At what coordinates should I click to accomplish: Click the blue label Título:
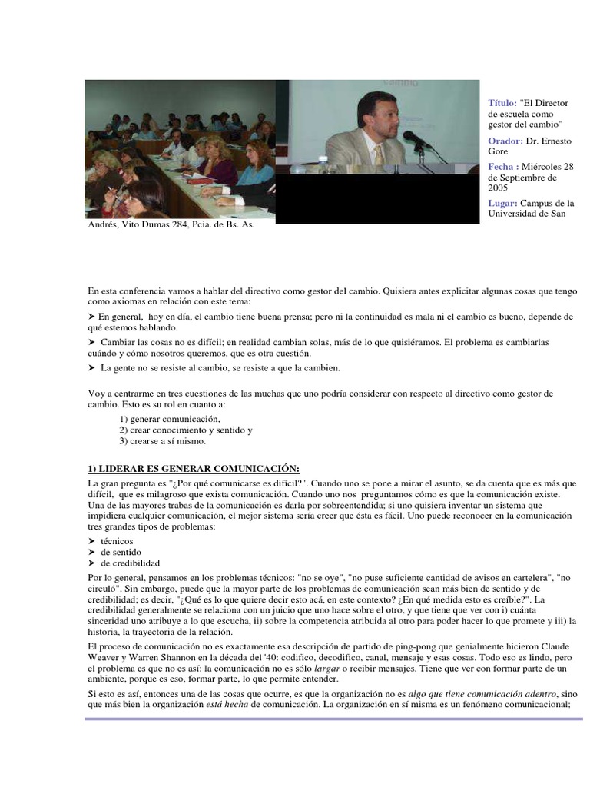tap(502, 103)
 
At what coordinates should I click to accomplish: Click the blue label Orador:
tap(505, 141)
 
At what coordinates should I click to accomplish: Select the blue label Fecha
tap(502, 167)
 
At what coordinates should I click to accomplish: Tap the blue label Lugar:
tap(504, 203)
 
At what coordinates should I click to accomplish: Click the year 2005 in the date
tap(498, 187)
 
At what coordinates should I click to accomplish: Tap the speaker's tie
tap(379, 155)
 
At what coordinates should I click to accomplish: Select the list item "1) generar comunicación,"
tap(169, 419)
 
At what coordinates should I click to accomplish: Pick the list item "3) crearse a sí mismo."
tap(162, 441)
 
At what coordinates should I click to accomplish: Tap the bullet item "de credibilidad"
tap(130, 563)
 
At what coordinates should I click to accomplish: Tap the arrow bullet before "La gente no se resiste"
tap(91, 368)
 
